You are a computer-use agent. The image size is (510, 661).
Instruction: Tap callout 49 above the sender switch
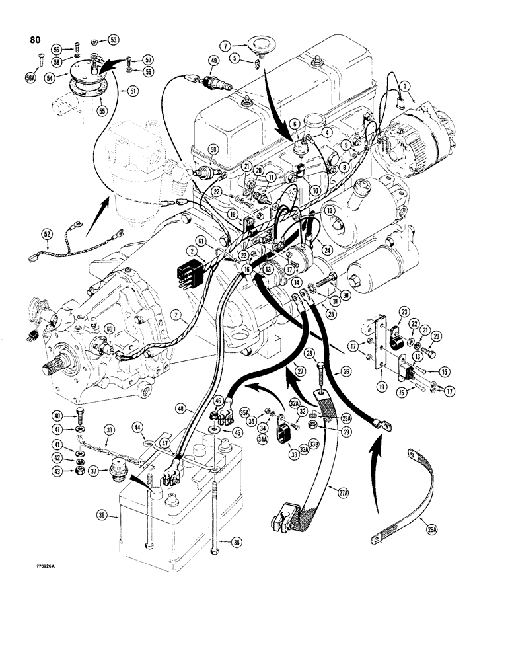213,61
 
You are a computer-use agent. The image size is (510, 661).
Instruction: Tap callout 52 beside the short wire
46,234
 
